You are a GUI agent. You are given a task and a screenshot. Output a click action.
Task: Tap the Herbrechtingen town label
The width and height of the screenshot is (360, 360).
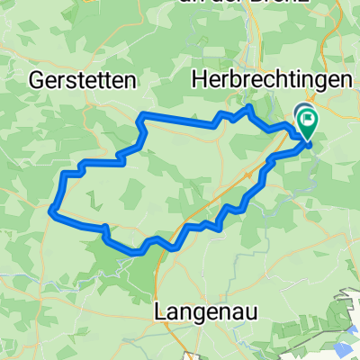pyautogui.click(x=271, y=79)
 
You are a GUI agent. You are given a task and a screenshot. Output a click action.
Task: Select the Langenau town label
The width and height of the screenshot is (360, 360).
pyautogui.click(x=202, y=310)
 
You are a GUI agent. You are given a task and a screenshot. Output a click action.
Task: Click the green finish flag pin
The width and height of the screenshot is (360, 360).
pyautogui.click(x=309, y=121)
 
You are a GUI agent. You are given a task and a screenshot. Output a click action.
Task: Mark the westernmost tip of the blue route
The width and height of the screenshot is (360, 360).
pyautogui.click(x=50, y=211)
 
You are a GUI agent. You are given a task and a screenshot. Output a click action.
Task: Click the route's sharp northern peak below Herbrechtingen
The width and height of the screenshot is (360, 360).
pyautogui.click(x=247, y=107)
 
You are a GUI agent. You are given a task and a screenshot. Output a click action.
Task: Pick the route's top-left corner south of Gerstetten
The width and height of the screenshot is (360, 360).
pyautogui.click(x=139, y=115)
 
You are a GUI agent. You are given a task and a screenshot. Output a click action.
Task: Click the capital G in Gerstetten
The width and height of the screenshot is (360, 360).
pyautogui.click(x=37, y=79)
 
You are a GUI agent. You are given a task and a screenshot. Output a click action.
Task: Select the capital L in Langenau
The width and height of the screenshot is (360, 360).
pyautogui.click(x=162, y=310)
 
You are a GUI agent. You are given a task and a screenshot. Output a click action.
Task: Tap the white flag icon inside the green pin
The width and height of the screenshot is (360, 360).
pyautogui.click(x=309, y=118)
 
